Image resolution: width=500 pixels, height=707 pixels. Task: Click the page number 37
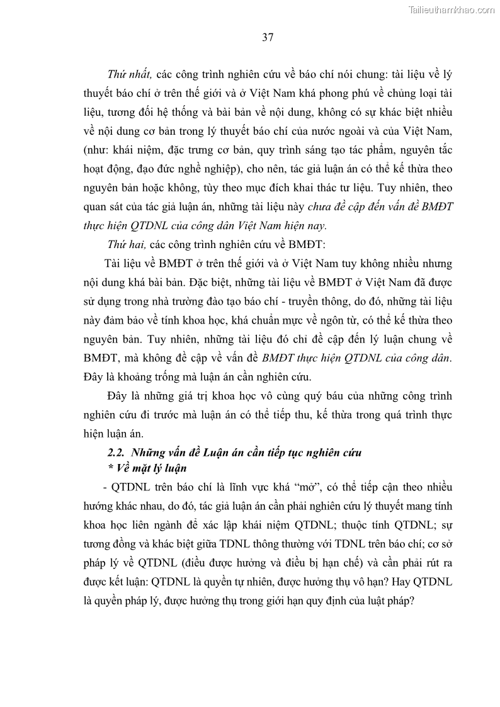(267, 37)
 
